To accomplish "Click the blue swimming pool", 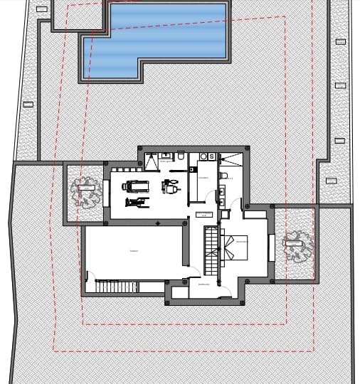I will pyautogui.click(x=157, y=36).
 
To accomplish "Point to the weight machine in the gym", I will pyautogui.click(x=170, y=186).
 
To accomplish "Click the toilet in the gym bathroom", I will pyautogui.click(x=181, y=156).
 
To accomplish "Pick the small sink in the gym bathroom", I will pyautogui.click(x=165, y=154).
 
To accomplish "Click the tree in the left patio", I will pyautogui.click(x=83, y=192).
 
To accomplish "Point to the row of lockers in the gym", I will pyautogui.click(x=125, y=169).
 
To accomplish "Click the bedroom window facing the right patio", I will pyautogui.click(x=270, y=247).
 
